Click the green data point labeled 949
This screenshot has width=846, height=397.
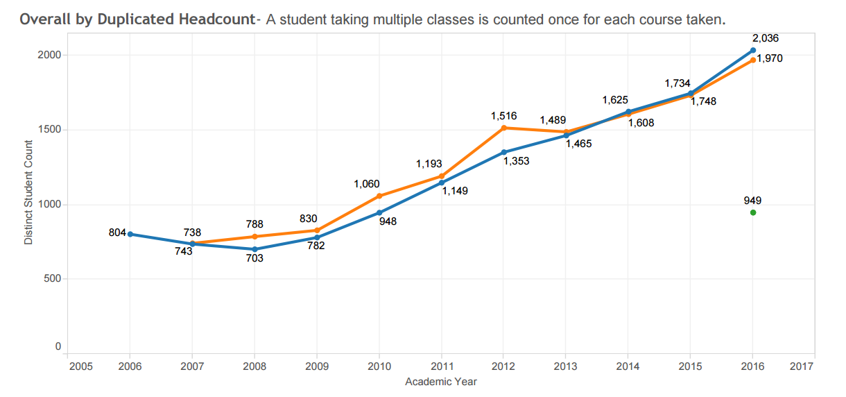752,212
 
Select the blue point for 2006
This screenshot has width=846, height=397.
130,234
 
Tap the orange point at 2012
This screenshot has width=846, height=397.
503,128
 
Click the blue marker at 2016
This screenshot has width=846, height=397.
752,50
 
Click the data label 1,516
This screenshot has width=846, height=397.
503,115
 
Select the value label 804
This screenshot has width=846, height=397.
117,233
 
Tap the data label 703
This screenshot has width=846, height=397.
255,258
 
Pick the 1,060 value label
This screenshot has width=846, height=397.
366,184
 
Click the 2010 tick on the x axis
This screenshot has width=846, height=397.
379,366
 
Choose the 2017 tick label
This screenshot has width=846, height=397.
802,366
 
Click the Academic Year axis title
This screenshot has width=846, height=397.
441,381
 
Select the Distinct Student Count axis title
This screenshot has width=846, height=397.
28,192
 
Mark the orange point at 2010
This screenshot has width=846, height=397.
379,196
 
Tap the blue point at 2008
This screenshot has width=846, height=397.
255,249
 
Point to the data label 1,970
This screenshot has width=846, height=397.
769,59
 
